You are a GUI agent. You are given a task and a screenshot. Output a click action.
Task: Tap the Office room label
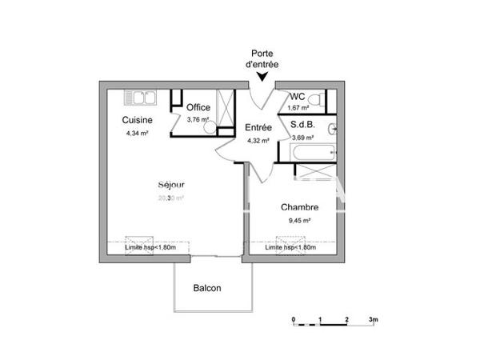pos(198,107)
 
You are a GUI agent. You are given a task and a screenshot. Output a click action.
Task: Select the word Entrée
pos(258,127)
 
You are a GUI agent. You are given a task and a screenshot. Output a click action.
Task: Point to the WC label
pos(298,96)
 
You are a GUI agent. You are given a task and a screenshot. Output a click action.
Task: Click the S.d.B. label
pos(302,124)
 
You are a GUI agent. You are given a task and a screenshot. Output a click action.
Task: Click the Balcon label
pos(207,288)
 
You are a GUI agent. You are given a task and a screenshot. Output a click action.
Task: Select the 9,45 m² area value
pos(299,220)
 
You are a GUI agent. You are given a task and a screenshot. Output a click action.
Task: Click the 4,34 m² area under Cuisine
pos(137,133)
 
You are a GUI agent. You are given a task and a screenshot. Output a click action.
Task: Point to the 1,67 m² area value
pos(299,108)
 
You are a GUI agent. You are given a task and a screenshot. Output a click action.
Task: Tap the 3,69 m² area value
pos(302,137)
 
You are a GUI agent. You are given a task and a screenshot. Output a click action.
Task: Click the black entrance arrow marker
pos(262,77)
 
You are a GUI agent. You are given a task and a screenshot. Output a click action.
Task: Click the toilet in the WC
pos(318,100)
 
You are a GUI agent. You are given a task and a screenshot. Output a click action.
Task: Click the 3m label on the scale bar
pos(373,319)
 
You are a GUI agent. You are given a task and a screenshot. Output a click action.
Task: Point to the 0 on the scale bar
pos(294,319)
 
